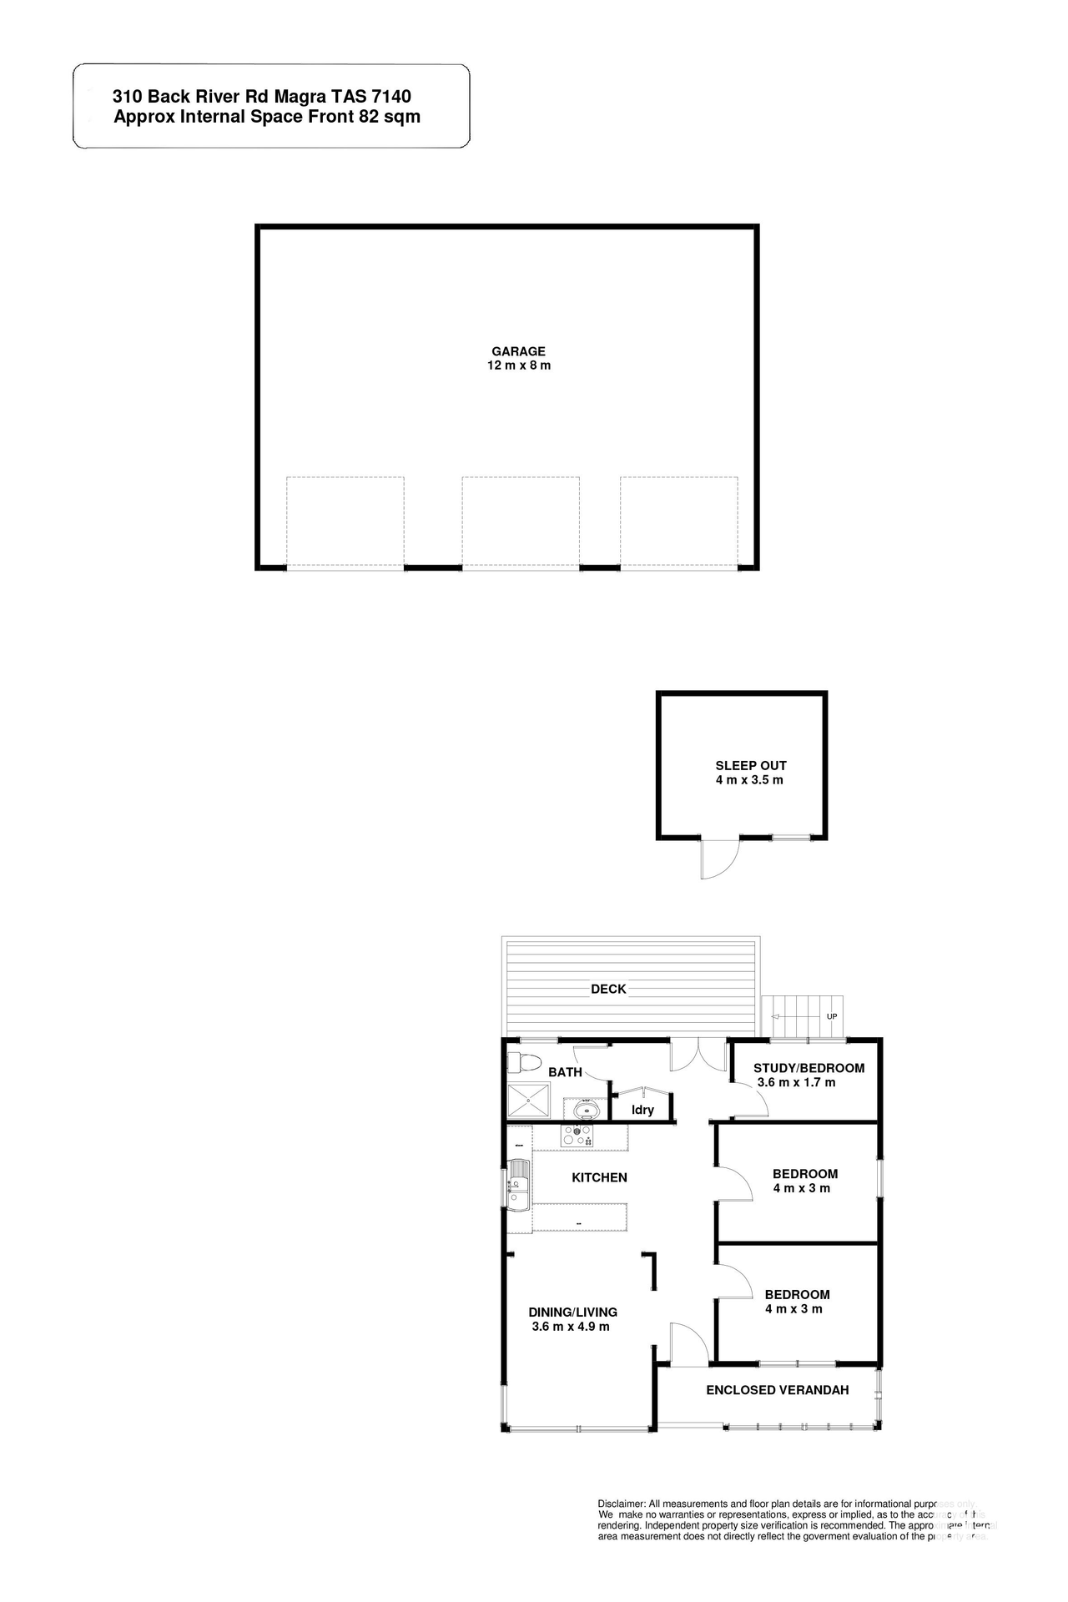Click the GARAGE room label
[x=518, y=351]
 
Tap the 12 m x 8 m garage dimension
[x=519, y=365]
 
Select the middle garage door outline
[x=521, y=522]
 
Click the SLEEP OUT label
[x=751, y=765]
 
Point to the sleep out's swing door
[x=720, y=858]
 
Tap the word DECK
[x=608, y=989]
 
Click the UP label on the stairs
[x=832, y=1016]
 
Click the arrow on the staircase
[x=784, y=1017]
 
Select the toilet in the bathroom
[x=521, y=1063]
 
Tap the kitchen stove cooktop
[x=577, y=1136]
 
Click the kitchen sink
[x=518, y=1183]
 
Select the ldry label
[x=642, y=1110]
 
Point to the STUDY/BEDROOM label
[x=809, y=1068]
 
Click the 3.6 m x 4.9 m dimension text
[x=571, y=1326]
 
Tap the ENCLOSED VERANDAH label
[x=777, y=1390]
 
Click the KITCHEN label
[x=599, y=1177]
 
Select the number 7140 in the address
[x=391, y=97]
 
